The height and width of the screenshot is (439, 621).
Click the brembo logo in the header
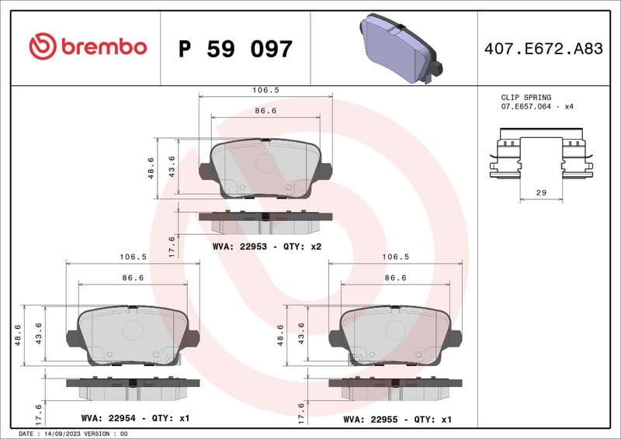pos(88,47)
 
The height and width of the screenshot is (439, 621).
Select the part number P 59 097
pos(235,49)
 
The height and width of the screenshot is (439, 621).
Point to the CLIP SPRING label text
pos(526,97)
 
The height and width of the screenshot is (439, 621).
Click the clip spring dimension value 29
pos(541,191)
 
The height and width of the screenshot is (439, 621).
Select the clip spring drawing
pos(540,158)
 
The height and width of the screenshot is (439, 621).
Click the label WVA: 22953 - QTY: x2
pos(266,246)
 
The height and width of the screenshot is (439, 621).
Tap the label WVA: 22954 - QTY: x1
pos(134,418)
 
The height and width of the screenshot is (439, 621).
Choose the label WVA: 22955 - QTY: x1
pos(397,418)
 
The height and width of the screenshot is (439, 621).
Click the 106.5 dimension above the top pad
pos(265,90)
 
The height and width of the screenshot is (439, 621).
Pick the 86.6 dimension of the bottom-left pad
pos(133,277)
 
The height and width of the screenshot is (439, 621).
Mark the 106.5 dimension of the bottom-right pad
pos(396,257)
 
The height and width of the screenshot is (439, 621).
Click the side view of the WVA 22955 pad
pos(395,387)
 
